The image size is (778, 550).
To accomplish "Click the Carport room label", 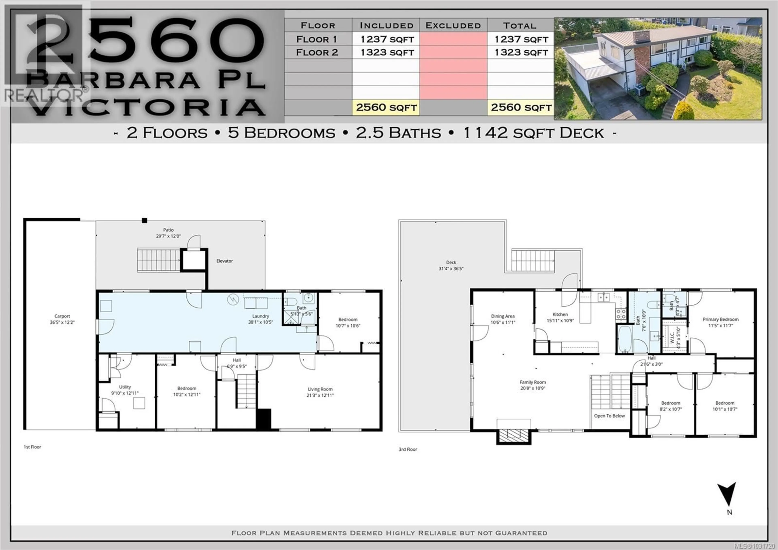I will click(x=62, y=316).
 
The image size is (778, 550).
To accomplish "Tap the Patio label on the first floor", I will click(x=168, y=230).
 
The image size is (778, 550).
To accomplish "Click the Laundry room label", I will click(x=260, y=316).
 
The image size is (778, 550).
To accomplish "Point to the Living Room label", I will click(x=320, y=389).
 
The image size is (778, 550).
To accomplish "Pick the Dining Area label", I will click(x=502, y=316).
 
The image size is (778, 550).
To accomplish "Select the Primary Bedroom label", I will click(x=720, y=319).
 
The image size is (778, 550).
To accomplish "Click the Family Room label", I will click(x=533, y=382).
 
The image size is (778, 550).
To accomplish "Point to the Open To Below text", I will click(x=609, y=416).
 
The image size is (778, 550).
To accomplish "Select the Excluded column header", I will click(x=453, y=25).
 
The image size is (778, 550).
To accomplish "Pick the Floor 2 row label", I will click(x=317, y=53).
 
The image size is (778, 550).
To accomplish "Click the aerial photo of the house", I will click(x=657, y=69).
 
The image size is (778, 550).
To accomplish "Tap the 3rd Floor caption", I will click(x=408, y=449).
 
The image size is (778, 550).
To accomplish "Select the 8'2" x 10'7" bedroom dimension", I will click(x=671, y=409).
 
